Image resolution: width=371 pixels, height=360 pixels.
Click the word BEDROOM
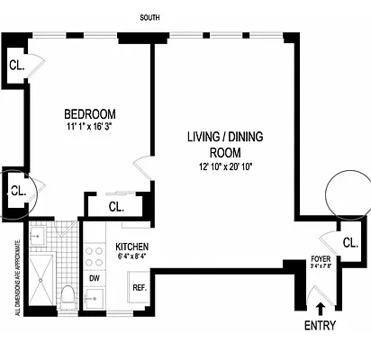pos(91,114)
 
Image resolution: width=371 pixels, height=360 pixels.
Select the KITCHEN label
pos(132,247)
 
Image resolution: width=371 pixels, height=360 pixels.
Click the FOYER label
pos(321,257)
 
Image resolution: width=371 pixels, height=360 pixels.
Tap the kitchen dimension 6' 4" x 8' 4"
pos(131,258)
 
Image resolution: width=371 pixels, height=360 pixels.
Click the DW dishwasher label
pos(94,278)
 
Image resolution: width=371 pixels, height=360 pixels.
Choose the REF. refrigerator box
pos(140,288)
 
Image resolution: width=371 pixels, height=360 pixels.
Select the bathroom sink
pos(38,237)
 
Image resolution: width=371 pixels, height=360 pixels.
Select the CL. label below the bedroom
pos(115,206)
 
